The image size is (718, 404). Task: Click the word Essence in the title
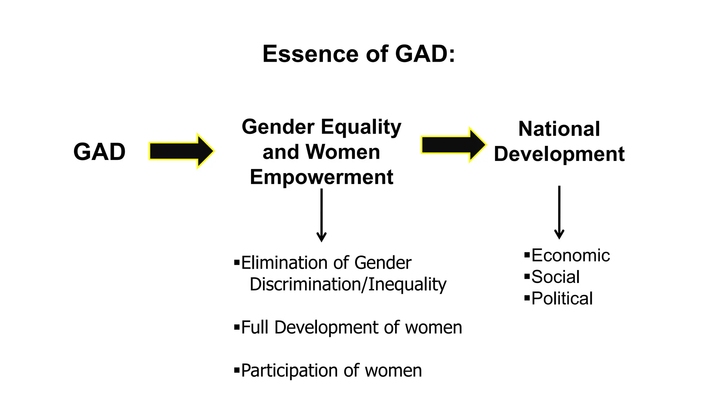click(x=310, y=54)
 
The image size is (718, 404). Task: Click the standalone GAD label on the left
click(x=99, y=152)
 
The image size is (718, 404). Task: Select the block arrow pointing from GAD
click(x=181, y=151)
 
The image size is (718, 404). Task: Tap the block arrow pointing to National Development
click(x=453, y=145)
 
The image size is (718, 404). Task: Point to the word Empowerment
click(x=321, y=177)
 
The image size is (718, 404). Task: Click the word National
click(x=559, y=129)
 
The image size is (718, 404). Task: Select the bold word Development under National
click(x=559, y=154)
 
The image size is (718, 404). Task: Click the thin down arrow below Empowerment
click(x=321, y=215)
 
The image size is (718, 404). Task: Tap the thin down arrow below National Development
click(x=559, y=213)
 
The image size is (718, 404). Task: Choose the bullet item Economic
click(x=570, y=255)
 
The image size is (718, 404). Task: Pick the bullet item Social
click(x=555, y=277)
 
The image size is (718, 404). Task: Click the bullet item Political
click(x=562, y=299)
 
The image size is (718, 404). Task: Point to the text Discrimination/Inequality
click(x=348, y=284)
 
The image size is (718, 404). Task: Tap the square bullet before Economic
click(x=527, y=255)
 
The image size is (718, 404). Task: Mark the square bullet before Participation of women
click(x=237, y=370)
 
